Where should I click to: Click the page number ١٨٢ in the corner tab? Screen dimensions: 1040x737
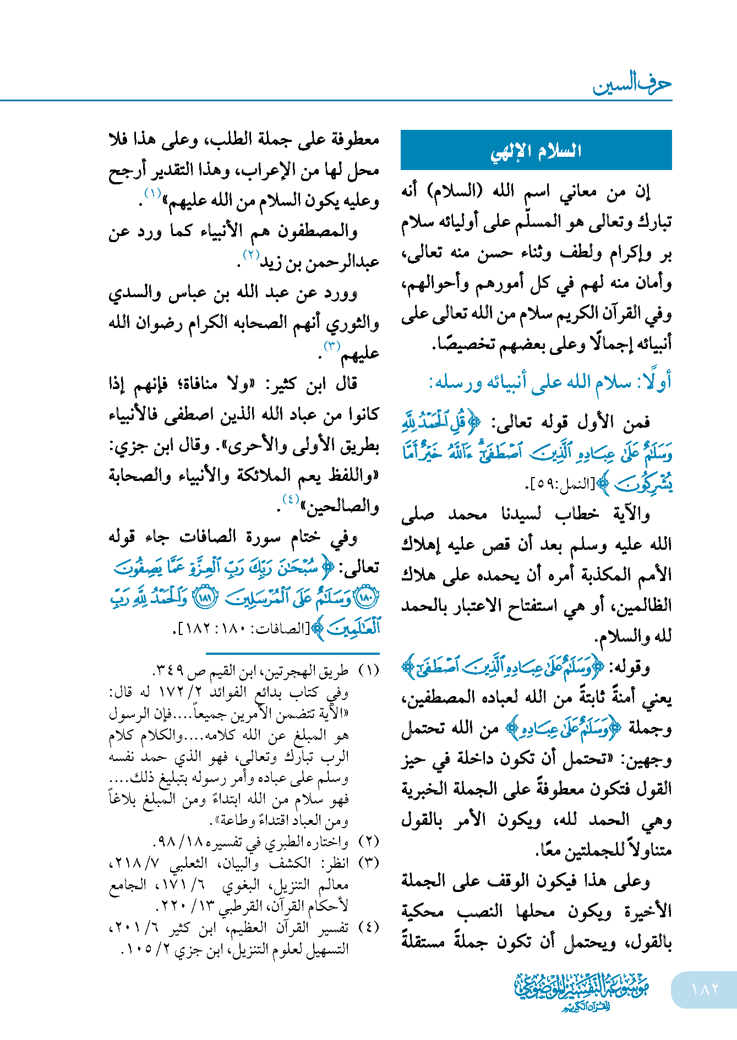pyautogui.click(x=705, y=989)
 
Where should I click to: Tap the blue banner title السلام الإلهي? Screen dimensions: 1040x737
pyautogui.click(x=536, y=150)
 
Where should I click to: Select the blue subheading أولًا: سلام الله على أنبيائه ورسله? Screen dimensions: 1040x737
pyautogui.click(x=550, y=382)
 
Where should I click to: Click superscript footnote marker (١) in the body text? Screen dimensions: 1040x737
pyautogui.click(x=152, y=193)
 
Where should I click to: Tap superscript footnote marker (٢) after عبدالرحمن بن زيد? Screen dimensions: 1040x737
pyautogui.click(x=251, y=255)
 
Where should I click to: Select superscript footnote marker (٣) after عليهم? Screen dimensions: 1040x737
pyautogui.click(x=332, y=346)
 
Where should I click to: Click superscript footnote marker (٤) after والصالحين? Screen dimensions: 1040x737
pyautogui.click(x=290, y=499)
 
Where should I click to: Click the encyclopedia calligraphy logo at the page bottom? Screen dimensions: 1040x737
pyautogui.click(x=581, y=990)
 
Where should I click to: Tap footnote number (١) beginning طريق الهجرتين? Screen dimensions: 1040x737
pyautogui.click(x=369, y=671)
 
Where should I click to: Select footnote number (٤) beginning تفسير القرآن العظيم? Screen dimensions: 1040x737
pyautogui.click(x=369, y=928)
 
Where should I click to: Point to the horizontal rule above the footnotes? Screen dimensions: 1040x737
pyautogui.click(x=292, y=654)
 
